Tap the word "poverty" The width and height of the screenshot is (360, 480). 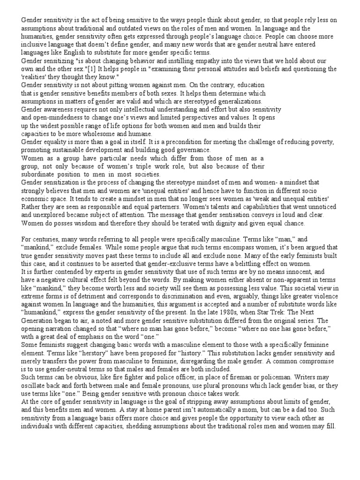click(322, 142)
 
